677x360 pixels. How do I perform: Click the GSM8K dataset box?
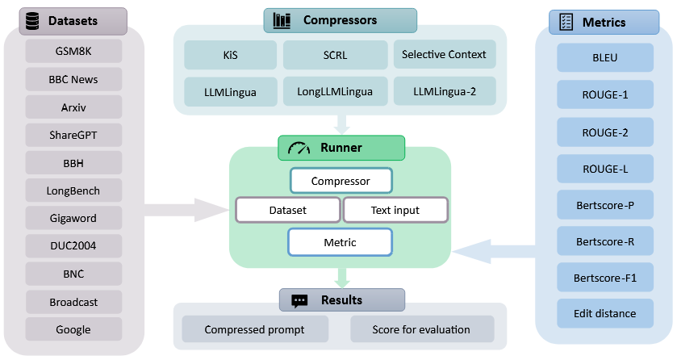click(73, 50)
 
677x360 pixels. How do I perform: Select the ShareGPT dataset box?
click(73, 134)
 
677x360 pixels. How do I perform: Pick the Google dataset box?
click(73, 329)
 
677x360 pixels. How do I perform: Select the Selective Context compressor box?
click(444, 55)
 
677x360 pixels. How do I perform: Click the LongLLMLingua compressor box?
click(335, 91)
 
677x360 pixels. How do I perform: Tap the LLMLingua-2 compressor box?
click(444, 91)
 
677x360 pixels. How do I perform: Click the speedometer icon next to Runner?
click(299, 148)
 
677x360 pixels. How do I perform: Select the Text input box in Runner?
click(395, 210)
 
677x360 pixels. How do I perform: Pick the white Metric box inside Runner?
click(340, 242)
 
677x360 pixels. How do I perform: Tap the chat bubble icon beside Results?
click(299, 301)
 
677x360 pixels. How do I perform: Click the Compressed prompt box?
click(255, 329)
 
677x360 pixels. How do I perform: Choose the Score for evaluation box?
click(422, 329)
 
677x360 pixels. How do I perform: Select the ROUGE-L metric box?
click(605, 168)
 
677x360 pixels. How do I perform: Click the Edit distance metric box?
click(605, 313)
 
